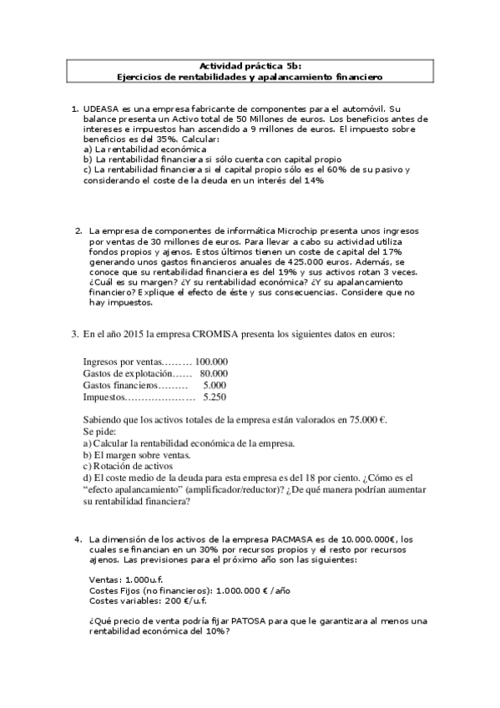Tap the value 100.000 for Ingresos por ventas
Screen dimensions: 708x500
(211, 362)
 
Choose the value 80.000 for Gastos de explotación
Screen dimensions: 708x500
(214, 373)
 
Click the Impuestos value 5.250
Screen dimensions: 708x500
(215, 398)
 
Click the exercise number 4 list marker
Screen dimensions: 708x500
(78, 539)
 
